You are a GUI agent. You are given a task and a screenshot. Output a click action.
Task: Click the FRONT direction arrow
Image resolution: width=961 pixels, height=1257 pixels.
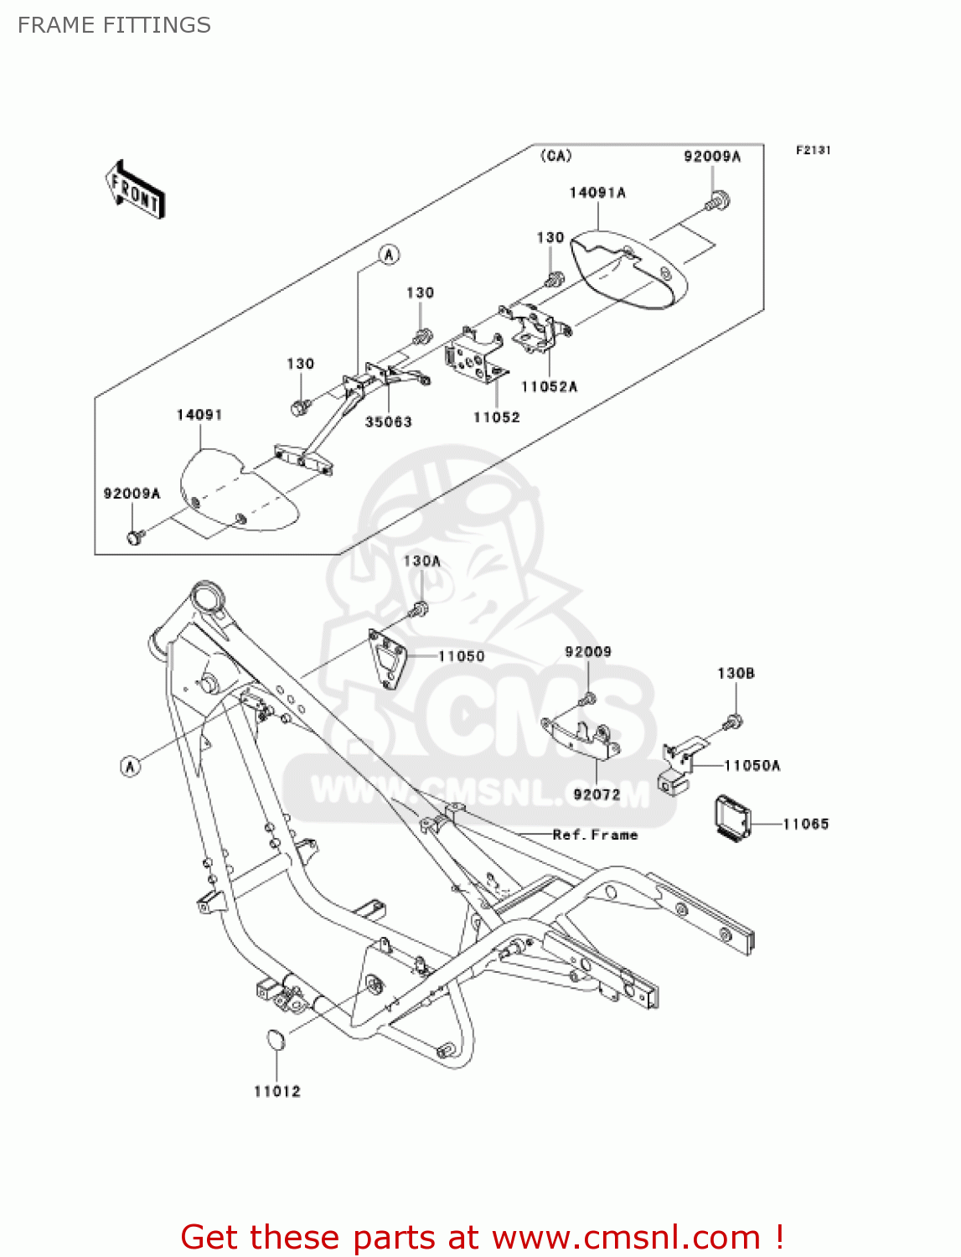click(135, 190)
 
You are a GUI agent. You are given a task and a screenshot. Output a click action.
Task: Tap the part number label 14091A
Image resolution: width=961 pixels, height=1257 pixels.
click(597, 193)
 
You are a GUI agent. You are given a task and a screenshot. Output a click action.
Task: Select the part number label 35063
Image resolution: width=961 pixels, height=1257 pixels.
click(388, 422)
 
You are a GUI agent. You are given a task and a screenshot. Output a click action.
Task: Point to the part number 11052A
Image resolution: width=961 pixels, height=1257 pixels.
click(549, 386)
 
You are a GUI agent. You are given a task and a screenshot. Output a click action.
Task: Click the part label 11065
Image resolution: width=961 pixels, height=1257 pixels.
click(805, 824)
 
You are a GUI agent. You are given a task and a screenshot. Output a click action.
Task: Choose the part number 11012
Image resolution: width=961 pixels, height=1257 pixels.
click(277, 1091)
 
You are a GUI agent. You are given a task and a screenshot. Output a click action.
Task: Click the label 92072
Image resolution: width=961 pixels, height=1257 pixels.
click(597, 794)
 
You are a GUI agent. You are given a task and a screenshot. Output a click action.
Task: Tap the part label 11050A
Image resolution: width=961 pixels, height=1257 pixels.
click(752, 765)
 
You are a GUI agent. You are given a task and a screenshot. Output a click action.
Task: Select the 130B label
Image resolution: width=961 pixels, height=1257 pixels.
click(736, 673)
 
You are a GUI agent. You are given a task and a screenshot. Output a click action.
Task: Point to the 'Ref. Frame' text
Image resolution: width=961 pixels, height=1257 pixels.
click(595, 835)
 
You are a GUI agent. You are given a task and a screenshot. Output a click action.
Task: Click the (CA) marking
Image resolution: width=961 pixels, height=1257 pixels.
click(555, 156)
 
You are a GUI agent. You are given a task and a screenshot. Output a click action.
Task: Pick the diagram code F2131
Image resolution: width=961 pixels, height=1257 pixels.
click(813, 150)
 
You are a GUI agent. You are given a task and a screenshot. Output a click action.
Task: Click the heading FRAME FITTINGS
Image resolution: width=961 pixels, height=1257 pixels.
click(114, 25)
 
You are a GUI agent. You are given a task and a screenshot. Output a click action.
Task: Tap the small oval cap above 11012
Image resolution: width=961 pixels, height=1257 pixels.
click(275, 1039)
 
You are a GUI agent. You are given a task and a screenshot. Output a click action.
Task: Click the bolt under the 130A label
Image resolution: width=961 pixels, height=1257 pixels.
click(420, 609)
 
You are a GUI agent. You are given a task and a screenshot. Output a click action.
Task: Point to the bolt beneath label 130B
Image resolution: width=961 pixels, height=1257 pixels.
click(733, 722)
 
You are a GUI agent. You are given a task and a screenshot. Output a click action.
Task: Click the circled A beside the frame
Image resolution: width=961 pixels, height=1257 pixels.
click(130, 765)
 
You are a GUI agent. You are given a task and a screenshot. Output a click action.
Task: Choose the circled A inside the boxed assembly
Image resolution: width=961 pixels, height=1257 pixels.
click(389, 254)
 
